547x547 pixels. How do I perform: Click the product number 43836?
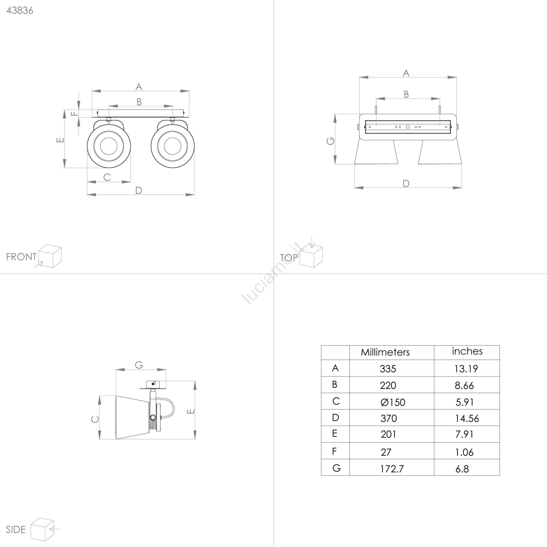coord(20,11)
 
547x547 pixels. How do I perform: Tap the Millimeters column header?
coord(385,352)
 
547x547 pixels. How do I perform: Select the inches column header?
coord(467,351)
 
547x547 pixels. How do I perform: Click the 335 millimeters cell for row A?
coord(388,369)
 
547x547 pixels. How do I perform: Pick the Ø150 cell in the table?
coord(393,402)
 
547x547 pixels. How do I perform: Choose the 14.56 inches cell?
coord(467,418)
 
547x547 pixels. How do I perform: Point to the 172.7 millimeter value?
coord(392,469)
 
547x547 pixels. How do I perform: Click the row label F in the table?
coord(335,451)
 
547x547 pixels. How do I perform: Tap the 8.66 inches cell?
coord(464,385)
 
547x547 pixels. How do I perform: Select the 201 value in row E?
coord(388,434)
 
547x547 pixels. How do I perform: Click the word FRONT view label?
coord(21,257)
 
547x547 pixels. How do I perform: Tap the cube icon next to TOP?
coord(311,255)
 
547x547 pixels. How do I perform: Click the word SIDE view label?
coord(16,530)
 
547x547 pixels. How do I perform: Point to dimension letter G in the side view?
coord(139,365)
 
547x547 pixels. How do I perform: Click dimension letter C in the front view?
coord(107,177)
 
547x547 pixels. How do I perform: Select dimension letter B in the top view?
coord(406,94)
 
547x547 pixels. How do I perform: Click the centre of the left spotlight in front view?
coord(109,146)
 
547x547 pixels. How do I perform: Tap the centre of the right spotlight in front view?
coord(173,146)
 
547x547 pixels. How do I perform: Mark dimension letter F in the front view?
coord(75,113)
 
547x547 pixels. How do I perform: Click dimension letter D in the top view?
coord(406,184)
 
